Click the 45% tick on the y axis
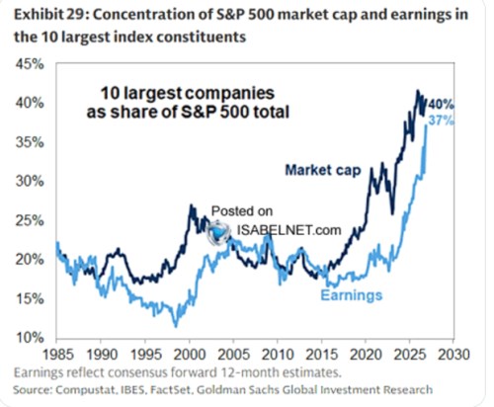click(30, 64)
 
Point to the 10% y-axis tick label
click(30, 338)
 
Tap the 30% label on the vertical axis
click(30, 181)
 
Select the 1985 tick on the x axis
click(58, 355)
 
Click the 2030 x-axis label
click(453, 355)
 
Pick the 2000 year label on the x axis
click(190, 355)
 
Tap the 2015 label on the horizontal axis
click(322, 355)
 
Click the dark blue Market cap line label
click(323, 170)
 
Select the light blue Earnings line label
click(352, 294)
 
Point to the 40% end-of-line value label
click(442, 105)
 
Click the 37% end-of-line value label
click(442, 121)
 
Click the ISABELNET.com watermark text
click(288, 230)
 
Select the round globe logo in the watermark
click(218, 233)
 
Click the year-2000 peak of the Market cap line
click(191, 205)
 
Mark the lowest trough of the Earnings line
click(176, 326)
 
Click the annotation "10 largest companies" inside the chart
click(188, 93)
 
